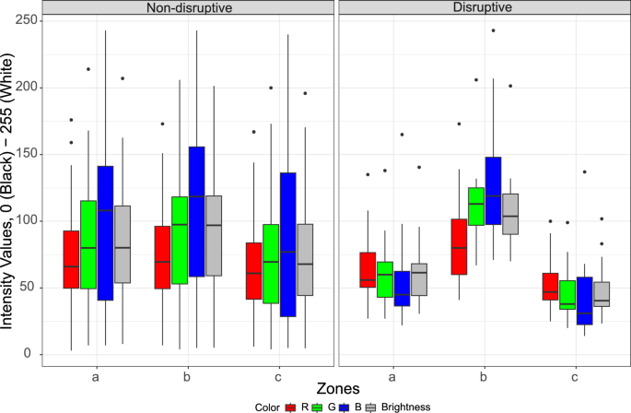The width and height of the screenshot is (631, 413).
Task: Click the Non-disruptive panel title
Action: click(x=189, y=8)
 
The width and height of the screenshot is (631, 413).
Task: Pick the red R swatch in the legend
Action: click(x=294, y=406)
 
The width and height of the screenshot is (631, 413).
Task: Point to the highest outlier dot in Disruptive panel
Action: click(x=493, y=30)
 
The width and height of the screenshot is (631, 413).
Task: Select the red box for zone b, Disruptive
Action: click(x=458, y=246)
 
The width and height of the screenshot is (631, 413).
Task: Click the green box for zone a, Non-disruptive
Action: click(x=88, y=244)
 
